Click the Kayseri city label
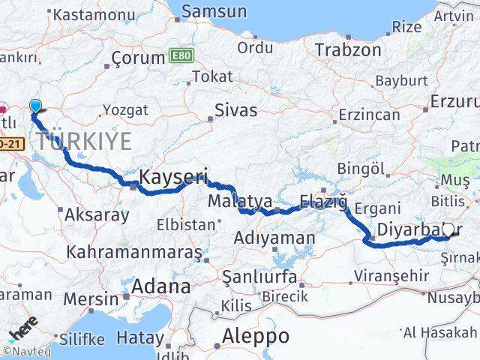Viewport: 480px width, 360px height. tap(174, 177)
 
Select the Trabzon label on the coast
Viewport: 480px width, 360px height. tap(348, 50)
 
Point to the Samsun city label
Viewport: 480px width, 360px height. tap(214, 11)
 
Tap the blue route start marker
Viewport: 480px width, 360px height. tap(35, 107)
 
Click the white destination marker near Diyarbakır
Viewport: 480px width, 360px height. tap(449, 230)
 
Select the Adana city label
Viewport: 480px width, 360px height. tap(160, 286)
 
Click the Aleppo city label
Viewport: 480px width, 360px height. tap(256, 335)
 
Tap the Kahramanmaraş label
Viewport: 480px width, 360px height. tap(134, 251)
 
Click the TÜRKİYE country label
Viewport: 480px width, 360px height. tap(83, 140)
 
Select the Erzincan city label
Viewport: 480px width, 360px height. tap(369, 115)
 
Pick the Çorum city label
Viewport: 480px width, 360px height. tap(137, 58)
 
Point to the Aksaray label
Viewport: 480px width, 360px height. tap(97, 214)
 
